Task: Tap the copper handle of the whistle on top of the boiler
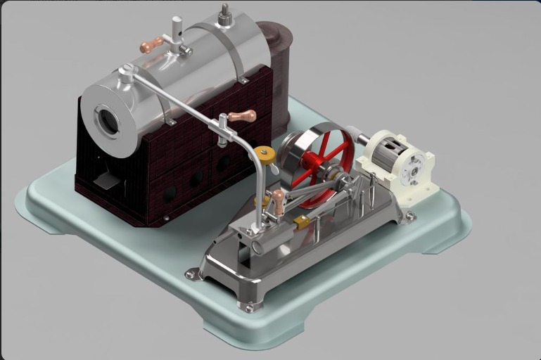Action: (x=151, y=46)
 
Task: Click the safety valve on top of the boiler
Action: (x=225, y=15)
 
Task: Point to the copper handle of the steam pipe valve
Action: (x=243, y=116)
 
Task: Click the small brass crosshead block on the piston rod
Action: (x=302, y=222)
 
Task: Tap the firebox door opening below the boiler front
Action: (x=106, y=181)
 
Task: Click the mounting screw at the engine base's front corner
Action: (x=248, y=307)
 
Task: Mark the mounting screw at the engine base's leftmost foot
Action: (x=190, y=274)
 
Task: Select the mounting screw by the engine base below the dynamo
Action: (x=410, y=217)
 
